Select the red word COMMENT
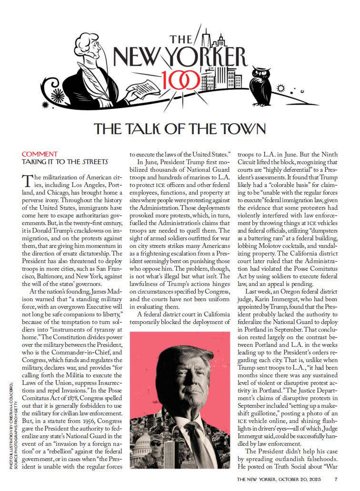[40, 154]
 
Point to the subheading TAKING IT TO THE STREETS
[65, 162]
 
